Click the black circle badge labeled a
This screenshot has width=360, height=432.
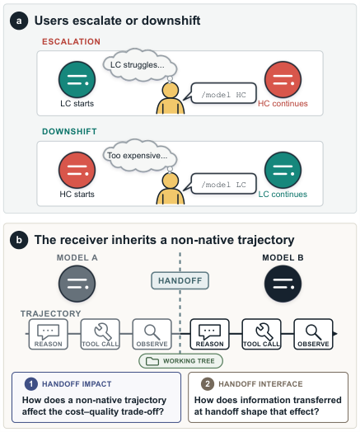coord(19,21)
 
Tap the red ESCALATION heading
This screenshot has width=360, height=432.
coord(72,41)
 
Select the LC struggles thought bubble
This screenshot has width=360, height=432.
coord(140,65)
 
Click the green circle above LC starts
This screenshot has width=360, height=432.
coord(77,80)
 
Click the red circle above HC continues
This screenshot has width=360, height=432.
coord(283,80)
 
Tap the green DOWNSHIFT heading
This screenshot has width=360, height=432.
coord(69,131)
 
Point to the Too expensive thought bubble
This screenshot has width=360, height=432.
coord(140,156)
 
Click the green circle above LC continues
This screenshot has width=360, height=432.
coord(283,171)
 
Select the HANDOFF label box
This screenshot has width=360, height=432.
coord(180,281)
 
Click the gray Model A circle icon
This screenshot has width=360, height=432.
coord(77,284)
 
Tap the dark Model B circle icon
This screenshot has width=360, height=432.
coord(283,284)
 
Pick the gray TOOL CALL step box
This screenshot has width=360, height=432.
coord(101,334)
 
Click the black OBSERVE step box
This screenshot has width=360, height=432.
coord(314,334)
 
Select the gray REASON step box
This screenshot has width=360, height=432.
coord(49,334)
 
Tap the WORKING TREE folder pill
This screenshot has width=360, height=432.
coord(181,361)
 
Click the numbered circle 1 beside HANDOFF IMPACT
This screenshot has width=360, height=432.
coord(31,384)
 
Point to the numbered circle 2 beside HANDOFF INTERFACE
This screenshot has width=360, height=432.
coord(208,384)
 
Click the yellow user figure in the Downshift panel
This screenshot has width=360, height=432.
coord(171,190)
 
